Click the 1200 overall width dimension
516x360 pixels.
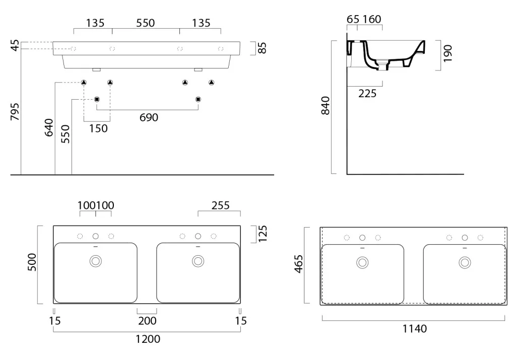coord(148,339)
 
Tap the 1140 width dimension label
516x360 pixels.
coord(415,328)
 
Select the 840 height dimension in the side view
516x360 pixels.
coord(325,106)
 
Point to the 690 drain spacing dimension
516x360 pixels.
coord(149,117)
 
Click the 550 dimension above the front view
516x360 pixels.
coord(146,23)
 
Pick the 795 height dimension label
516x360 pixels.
coord(15,112)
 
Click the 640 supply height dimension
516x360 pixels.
coord(49,127)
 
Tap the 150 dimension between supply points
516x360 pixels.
coord(98,128)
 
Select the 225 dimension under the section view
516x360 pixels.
coord(367,94)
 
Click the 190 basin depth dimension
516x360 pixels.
coord(447,53)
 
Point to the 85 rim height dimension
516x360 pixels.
coord(262,48)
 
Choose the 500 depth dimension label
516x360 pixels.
coord(32,262)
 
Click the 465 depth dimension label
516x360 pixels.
coord(298,264)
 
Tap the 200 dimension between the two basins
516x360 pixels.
coord(147,321)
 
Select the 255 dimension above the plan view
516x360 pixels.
coord(221,205)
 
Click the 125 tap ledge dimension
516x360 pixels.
coord(262,234)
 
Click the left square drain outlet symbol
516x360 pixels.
coord(97,99)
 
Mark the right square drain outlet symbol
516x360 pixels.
coord(198,99)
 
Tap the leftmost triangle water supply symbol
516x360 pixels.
coord(84,82)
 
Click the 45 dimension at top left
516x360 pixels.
coord(15,46)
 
